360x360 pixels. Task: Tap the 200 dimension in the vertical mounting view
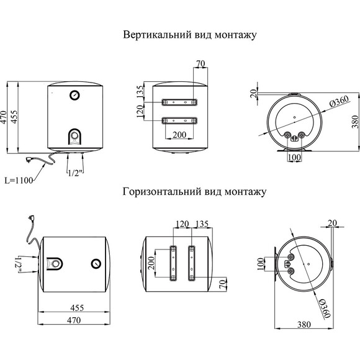179,135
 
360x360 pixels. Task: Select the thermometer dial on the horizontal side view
96,263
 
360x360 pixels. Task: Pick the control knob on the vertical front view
74,135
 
